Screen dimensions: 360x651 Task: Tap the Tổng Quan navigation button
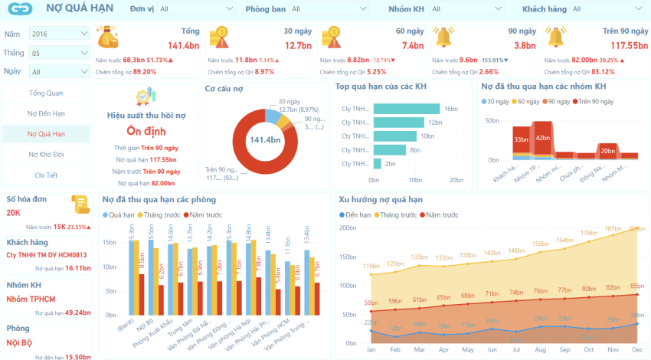pyautogui.click(x=46, y=93)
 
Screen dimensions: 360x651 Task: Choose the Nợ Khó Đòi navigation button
pyautogui.click(x=46, y=154)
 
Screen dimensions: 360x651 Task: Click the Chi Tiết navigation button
pyautogui.click(x=46, y=175)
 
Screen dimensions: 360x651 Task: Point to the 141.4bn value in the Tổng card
pyautogui.click(x=184, y=45)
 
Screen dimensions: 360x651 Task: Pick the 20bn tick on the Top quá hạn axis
pyautogui.click(x=456, y=180)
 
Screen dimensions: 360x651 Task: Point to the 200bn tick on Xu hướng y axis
pyautogui.click(x=348, y=227)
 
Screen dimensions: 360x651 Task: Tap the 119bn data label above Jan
pyautogui.click(x=371, y=266)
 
